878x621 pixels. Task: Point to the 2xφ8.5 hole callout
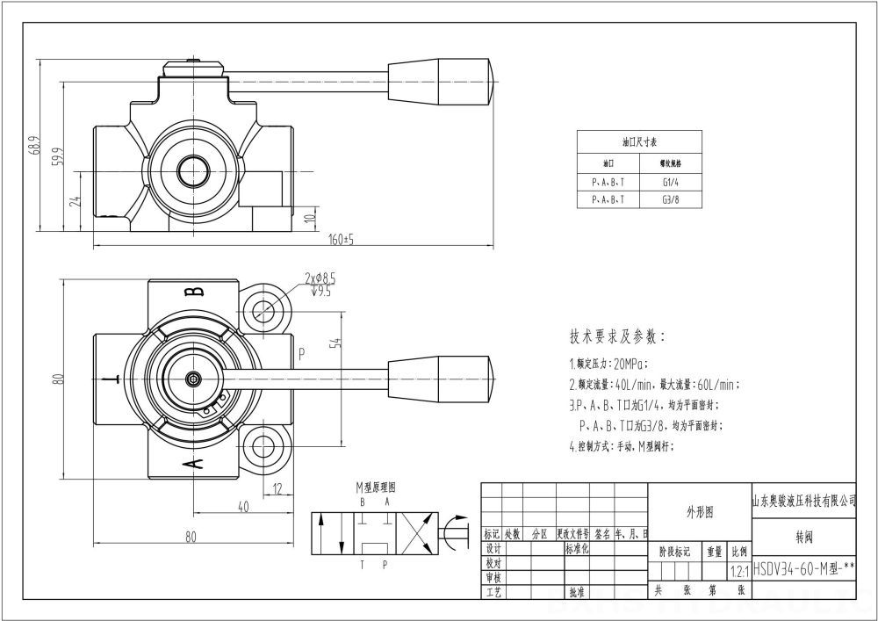click(x=320, y=278)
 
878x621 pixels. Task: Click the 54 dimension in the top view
click(x=335, y=343)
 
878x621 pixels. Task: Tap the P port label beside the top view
click(x=301, y=354)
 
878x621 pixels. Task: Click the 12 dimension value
click(x=277, y=488)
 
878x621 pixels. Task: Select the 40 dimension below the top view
click(x=243, y=507)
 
